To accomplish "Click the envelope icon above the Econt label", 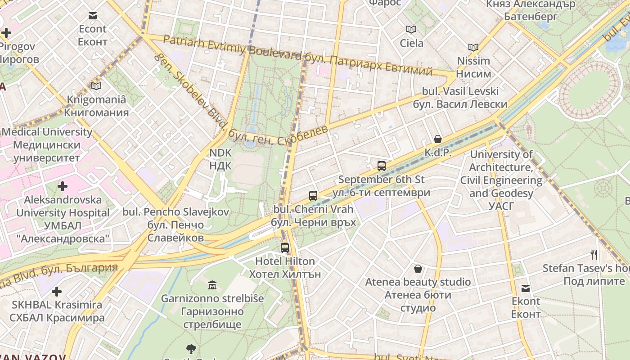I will [93, 16].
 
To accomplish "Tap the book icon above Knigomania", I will [96, 86].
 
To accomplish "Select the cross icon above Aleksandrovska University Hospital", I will [63, 186].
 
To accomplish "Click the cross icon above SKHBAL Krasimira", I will [57, 292].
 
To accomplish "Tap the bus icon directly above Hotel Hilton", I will [284, 247].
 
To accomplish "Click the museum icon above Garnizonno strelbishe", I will [212, 285].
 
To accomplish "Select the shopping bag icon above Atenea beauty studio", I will [418, 269].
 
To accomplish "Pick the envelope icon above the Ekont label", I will [526, 288].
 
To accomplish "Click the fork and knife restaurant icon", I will [594, 255].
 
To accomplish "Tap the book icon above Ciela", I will [411, 30].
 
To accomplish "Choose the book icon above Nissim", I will [473, 47].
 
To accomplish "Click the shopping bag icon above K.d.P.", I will [437, 139].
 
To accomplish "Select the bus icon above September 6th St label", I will [382, 166].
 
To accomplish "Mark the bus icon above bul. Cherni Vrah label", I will [313, 195].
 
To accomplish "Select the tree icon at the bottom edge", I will [191, 349].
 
